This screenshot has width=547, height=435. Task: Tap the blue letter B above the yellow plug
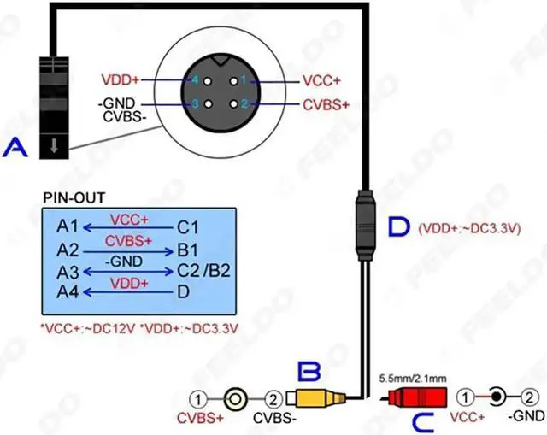(x=309, y=371)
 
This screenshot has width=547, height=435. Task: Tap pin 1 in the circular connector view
(x=242, y=81)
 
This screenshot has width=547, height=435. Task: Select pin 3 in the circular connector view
(x=196, y=104)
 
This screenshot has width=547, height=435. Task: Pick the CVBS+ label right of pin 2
(x=325, y=104)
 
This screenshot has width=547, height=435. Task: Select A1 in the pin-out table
(x=68, y=227)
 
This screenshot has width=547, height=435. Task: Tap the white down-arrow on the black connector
(x=54, y=146)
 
